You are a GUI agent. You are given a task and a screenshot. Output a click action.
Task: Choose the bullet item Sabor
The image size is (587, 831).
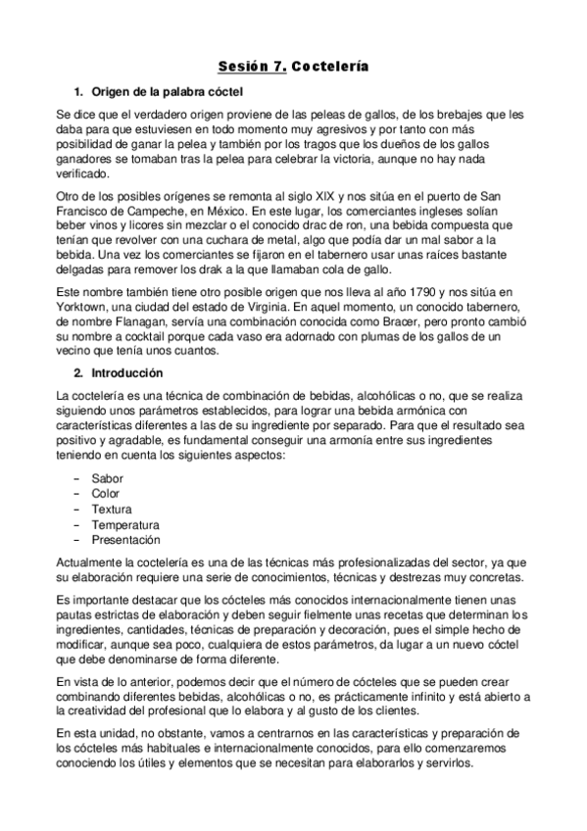coord(107,477)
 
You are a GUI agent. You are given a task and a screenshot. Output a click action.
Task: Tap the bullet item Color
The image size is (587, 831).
coord(106,493)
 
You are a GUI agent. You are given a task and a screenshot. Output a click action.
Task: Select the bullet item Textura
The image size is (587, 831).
coord(112,509)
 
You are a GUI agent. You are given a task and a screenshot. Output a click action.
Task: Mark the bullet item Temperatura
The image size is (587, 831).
coord(124,524)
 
